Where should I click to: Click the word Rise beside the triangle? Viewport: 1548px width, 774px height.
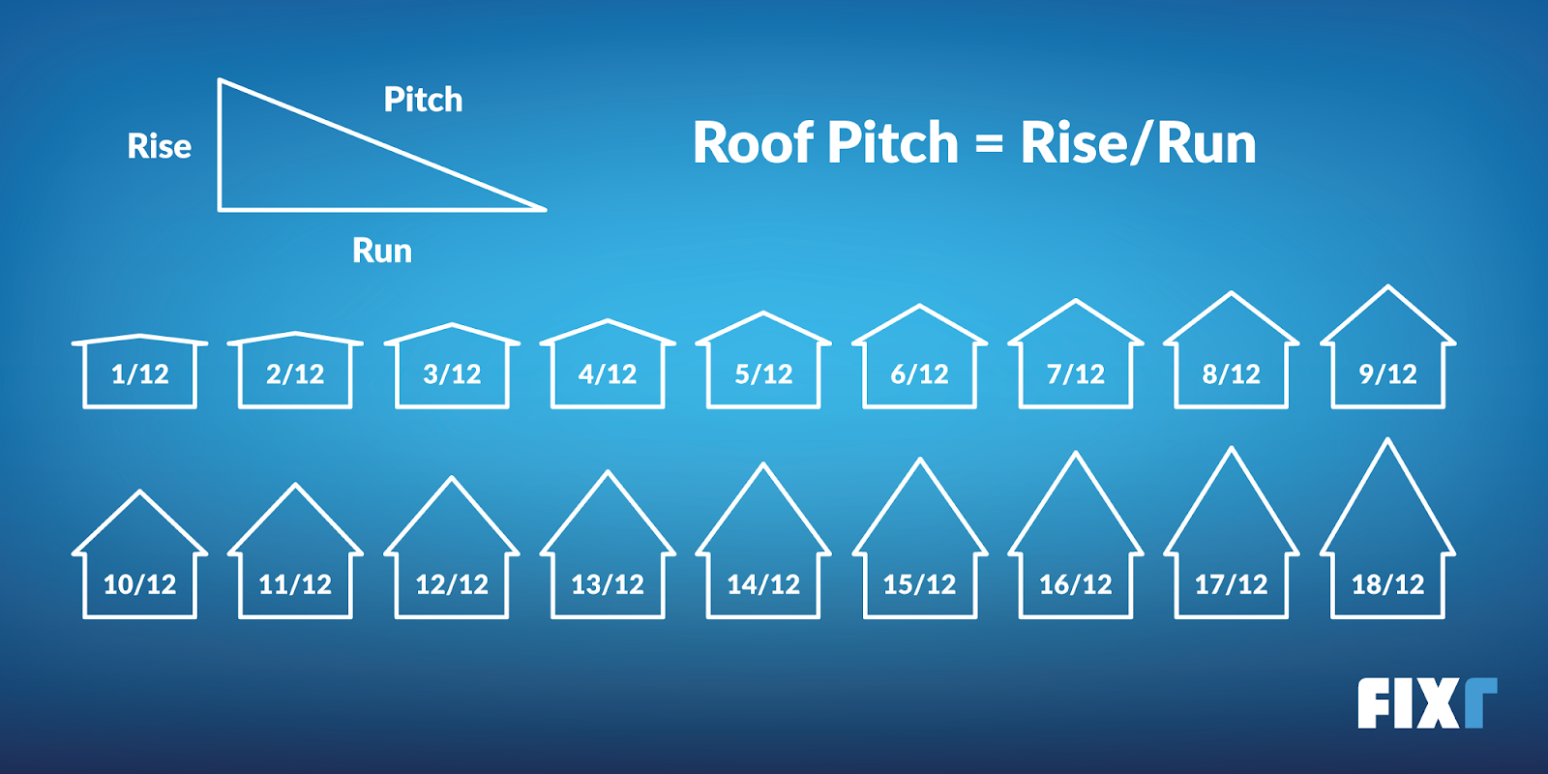160,146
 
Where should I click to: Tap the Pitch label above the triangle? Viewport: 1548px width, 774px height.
423,100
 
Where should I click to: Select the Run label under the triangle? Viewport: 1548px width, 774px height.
382,252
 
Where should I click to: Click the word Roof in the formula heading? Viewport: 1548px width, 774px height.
752,143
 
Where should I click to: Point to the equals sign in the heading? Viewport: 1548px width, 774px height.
989,145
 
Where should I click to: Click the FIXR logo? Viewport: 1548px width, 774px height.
1426,703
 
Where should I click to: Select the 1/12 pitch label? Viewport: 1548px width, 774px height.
140,374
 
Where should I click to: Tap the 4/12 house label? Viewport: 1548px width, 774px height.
608,374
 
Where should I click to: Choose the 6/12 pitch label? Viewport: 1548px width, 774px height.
919,374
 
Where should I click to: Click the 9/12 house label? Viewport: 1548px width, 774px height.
1387,374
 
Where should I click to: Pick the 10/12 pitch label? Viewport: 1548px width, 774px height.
140,584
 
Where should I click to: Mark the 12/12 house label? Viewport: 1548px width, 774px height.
452,584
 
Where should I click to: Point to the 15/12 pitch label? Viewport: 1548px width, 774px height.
919,584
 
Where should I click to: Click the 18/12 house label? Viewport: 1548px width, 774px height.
1387,584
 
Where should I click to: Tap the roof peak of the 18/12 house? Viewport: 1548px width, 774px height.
1388,440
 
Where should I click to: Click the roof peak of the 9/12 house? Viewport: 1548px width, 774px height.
1388,286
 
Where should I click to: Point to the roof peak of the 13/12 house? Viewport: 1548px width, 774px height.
608,472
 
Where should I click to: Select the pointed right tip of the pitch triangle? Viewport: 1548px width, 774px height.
545,208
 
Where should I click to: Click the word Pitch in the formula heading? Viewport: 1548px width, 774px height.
892,143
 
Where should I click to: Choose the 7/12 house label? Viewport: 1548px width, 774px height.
1076,374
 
